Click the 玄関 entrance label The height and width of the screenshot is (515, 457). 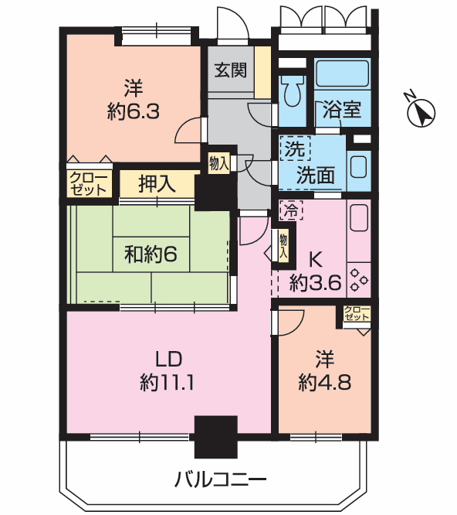tap(231, 70)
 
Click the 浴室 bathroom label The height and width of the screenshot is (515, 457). tap(342, 109)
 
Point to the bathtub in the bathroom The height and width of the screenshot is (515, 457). tap(343, 73)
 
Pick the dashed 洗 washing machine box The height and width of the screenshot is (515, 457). tap(295, 148)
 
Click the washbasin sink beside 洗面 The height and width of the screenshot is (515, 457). tap(358, 166)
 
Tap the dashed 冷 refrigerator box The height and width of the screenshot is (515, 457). tap(291, 210)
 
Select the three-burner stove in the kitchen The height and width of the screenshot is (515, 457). tap(359, 280)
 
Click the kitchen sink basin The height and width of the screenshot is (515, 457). tap(359, 217)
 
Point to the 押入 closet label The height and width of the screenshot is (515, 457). tap(157, 183)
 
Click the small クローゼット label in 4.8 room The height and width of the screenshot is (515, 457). tap(357, 313)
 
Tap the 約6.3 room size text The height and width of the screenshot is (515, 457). tap(134, 111)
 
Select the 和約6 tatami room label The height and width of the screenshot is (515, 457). tap(151, 254)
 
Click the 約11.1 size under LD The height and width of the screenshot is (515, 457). tap(167, 382)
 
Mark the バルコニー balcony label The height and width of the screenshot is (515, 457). tap(220, 479)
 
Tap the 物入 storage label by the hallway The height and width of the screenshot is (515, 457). tap(218, 163)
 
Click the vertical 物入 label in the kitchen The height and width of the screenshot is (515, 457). tap(283, 246)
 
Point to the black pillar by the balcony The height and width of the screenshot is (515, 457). tap(215, 437)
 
